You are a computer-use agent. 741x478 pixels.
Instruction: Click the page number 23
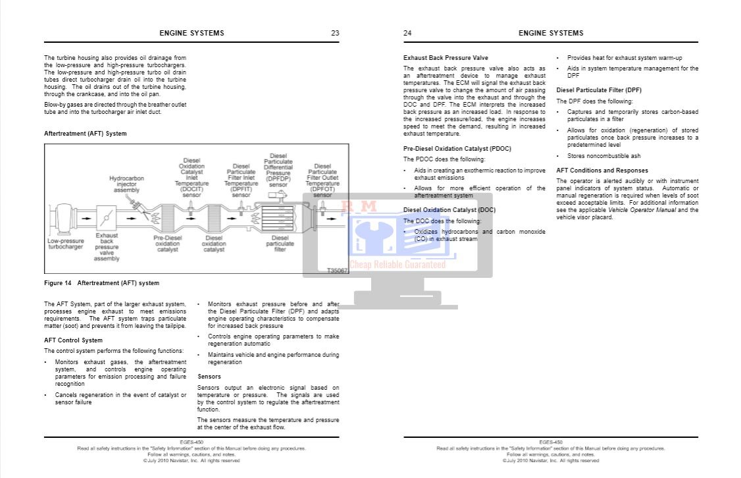point(335,33)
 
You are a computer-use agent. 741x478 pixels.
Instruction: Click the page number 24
point(407,33)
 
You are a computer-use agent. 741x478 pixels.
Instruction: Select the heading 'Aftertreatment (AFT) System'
point(85,134)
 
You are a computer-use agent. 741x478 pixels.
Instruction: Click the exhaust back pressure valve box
point(107,217)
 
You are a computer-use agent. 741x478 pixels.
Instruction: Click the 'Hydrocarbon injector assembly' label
point(126,184)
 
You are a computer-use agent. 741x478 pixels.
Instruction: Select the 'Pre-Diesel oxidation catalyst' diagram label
point(167,244)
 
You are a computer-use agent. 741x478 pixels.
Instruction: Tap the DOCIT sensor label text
point(192,177)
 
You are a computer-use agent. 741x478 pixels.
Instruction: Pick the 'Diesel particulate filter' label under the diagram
point(280,244)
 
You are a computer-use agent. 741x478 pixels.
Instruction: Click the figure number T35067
point(337,271)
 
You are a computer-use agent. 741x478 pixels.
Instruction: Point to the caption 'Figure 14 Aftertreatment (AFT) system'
point(101,283)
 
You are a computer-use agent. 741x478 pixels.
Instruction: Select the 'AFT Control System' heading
point(73,340)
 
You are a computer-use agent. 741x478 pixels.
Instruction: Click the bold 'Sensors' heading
point(209,377)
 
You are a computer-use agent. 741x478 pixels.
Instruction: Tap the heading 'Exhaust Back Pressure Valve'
point(446,58)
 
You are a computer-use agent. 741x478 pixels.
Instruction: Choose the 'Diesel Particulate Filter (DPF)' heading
point(599,90)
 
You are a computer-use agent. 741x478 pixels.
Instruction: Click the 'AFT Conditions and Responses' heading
point(602,171)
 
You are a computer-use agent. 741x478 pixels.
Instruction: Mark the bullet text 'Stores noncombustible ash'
point(603,156)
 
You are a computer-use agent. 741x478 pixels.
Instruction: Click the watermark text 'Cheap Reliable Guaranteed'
point(397,265)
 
